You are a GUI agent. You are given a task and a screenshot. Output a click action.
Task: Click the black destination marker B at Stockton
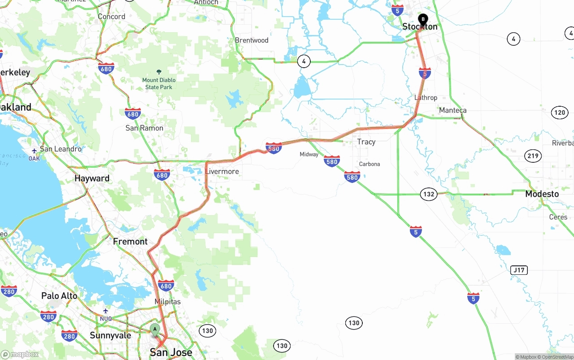pyautogui.click(x=423, y=20)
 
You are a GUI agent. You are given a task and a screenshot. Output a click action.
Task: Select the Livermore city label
pyautogui.click(x=222, y=171)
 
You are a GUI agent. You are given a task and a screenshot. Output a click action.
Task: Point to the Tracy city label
pyautogui.click(x=366, y=142)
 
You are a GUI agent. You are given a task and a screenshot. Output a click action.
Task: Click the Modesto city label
pyautogui.click(x=542, y=194)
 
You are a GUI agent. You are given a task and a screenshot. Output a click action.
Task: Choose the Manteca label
pyautogui.click(x=452, y=110)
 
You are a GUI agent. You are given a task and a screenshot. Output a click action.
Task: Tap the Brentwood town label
pyautogui.click(x=252, y=40)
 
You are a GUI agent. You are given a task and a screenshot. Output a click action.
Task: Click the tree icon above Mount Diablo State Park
pyautogui.click(x=159, y=72)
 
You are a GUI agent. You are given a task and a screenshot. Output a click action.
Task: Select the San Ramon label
pyautogui.click(x=144, y=128)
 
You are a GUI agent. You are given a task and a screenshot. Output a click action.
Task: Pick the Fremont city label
pyautogui.click(x=130, y=241)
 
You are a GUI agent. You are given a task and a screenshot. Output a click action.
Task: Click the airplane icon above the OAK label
pyautogui.click(x=35, y=151)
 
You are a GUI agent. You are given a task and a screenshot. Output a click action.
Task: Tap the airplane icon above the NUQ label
pyautogui.click(x=106, y=311)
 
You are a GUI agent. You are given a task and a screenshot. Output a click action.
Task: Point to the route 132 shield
pyautogui.click(x=429, y=194)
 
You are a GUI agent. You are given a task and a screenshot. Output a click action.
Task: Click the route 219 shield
pyautogui.click(x=533, y=156)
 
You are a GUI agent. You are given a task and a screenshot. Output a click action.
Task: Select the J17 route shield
pyautogui.click(x=519, y=270)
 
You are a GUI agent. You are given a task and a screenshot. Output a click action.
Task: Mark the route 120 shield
pyautogui.click(x=560, y=113)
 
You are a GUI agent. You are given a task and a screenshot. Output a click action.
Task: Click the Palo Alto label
pyautogui.click(x=59, y=296)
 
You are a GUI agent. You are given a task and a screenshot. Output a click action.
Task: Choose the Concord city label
pyautogui.click(x=112, y=17)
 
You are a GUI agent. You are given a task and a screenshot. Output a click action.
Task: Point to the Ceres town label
pyautogui.click(x=558, y=217)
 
